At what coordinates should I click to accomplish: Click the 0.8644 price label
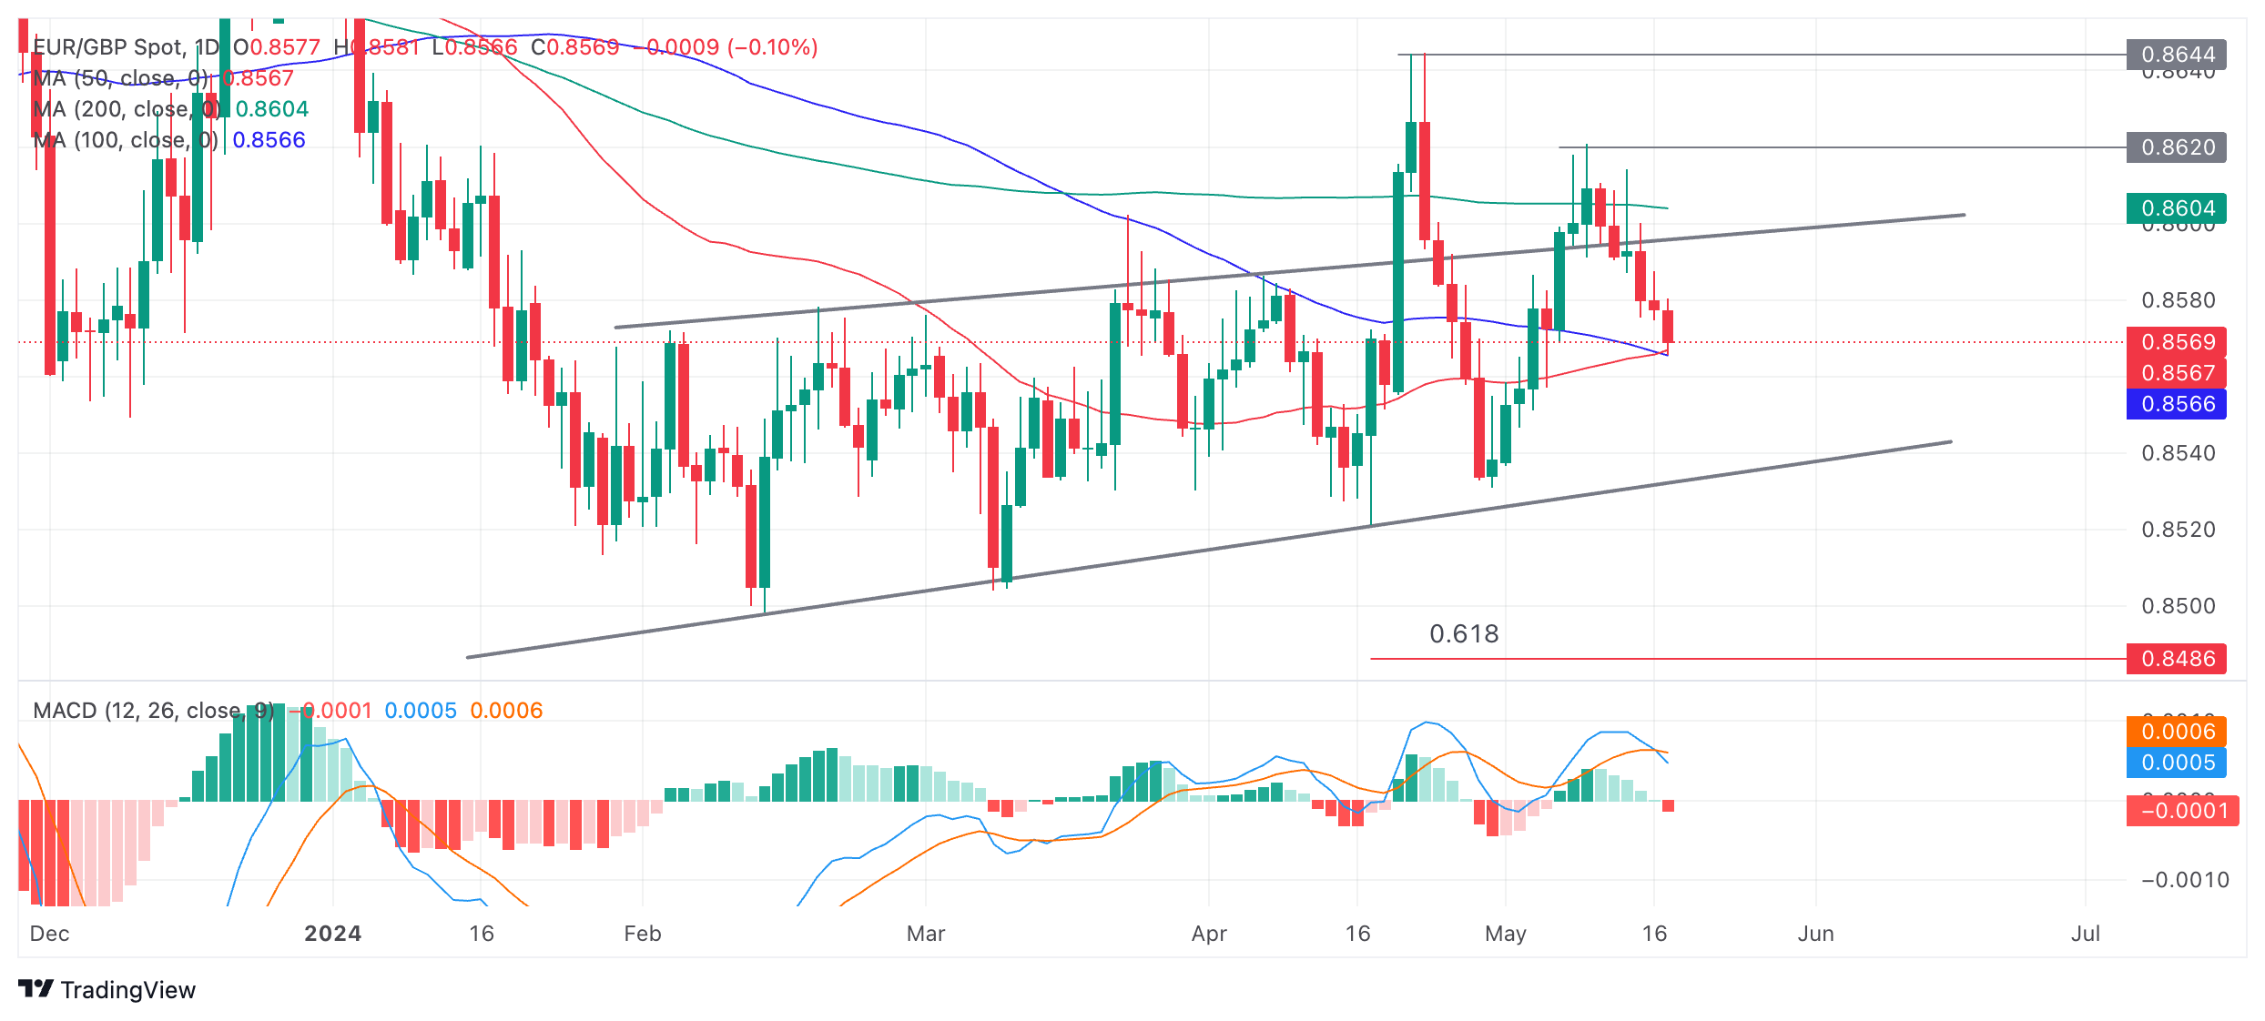(2176, 55)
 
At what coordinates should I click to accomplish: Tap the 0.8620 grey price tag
(2176, 147)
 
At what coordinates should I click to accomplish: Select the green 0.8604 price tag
(2176, 208)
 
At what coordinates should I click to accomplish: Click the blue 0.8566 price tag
(2176, 404)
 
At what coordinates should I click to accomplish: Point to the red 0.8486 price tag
(2176, 659)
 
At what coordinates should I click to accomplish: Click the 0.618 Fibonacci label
(1464, 634)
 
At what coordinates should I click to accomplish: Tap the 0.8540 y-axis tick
(2178, 453)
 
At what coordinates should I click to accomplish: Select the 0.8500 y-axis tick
(2178, 606)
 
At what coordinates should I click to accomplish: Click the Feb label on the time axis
(643, 934)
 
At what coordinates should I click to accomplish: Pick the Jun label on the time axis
(1815, 934)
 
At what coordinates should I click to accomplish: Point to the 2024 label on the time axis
(332, 934)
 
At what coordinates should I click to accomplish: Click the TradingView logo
(107, 990)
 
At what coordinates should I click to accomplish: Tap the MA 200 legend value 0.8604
(272, 109)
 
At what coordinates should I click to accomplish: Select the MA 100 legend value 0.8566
(269, 140)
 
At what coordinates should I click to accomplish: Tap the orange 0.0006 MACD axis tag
(2176, 732)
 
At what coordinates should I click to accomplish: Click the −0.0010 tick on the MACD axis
(2185, 880)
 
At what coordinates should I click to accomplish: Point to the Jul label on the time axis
(2085, 934)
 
